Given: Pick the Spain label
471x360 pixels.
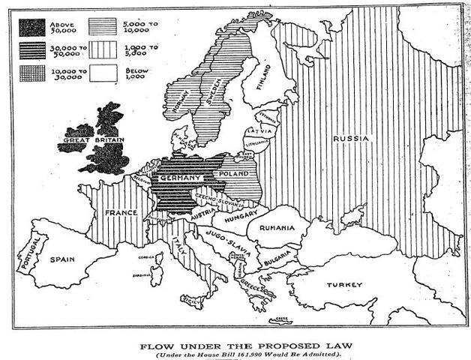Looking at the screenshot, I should click(63, 259).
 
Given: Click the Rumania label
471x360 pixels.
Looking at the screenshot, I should click(277, 228).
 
